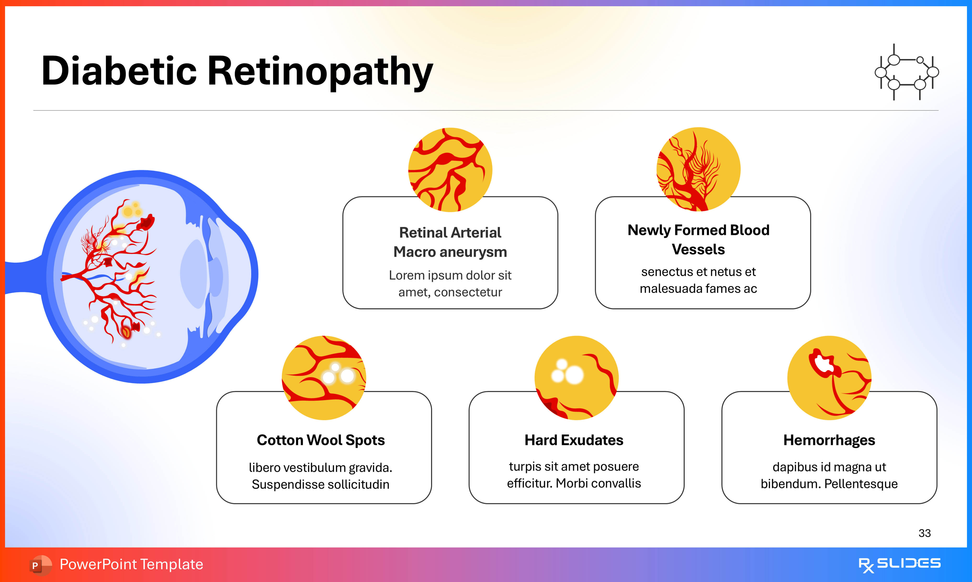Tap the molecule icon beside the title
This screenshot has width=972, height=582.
click(907, 72)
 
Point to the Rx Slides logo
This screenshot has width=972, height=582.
click(899, 564)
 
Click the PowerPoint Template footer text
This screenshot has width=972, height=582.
click(131, 564)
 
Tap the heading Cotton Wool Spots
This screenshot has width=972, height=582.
click(321, 440)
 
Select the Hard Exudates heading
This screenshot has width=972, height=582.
click(574, 440)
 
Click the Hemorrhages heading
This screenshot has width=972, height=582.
click(829, 440)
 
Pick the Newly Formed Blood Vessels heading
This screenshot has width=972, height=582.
click(698, 239)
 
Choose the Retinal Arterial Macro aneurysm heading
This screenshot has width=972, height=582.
click(450, 242)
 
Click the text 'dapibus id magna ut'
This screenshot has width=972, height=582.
click(829, 467)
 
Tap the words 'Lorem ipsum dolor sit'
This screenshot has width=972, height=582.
click(450, 275)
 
